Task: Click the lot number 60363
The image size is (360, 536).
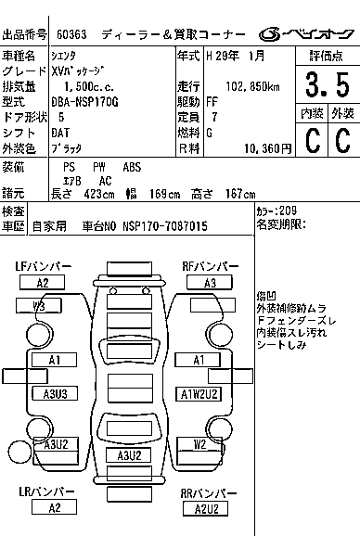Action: coord(71,34)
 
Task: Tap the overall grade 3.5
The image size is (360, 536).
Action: coord(328,84)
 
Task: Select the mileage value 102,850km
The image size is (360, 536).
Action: coord(252,87)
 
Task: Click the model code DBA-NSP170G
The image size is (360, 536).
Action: coord(84,102)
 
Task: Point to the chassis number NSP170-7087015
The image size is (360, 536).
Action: coord(165,226)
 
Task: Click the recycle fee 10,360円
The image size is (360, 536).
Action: coord(268,148)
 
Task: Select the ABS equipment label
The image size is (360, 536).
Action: coord(132,167)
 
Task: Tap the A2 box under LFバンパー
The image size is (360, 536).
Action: coord(42,283)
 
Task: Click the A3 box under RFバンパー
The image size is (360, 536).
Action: coord(210,283)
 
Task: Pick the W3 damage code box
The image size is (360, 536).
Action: coord(39,306)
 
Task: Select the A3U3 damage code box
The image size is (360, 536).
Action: coord(55,393)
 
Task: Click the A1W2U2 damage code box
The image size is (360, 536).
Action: coord(199,394)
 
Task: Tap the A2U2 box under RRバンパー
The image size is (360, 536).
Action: coord(205,509)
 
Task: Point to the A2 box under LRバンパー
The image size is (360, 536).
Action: coord(54,507)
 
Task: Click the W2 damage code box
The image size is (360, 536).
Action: coord(199,444)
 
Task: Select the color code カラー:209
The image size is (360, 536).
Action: coord(276,211)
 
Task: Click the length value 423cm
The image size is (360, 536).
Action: coord(99,194)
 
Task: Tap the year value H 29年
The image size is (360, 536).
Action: coord(223,56)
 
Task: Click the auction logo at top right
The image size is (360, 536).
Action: coord(306,34)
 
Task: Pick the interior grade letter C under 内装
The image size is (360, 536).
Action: coord(313,140)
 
